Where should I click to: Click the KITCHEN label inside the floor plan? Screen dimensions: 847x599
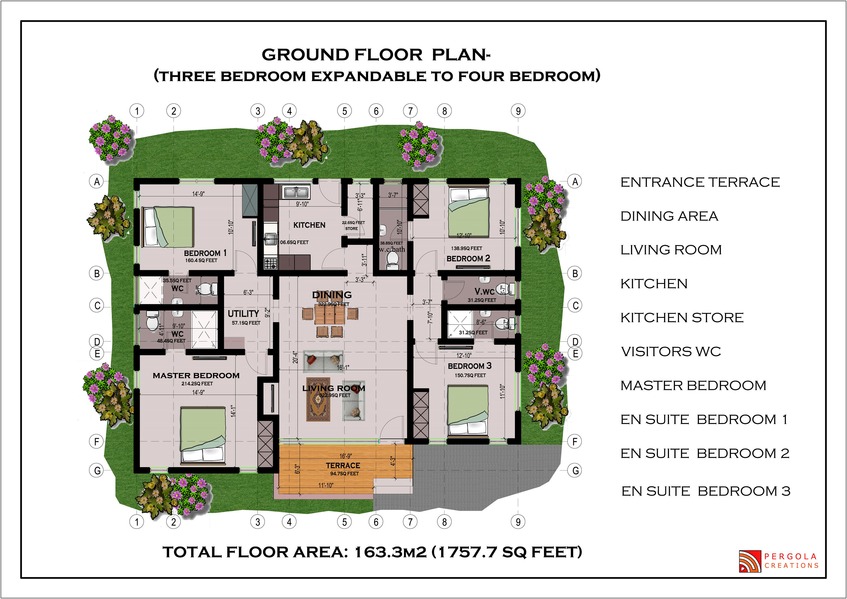[309, 225]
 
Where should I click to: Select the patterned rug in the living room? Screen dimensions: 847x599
[318, 399]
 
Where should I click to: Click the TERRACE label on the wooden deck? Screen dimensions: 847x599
[343, 466]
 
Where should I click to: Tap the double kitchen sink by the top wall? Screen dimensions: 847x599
[296, 192]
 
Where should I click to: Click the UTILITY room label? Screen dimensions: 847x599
[243, 313]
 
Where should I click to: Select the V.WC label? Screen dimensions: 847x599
[484, 292]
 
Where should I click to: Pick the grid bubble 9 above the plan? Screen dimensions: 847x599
[518, 111]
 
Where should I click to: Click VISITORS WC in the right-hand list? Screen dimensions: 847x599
[671, 351]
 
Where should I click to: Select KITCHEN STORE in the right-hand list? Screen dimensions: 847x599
[682, 318]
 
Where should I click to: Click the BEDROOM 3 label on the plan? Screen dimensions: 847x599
[469, 366]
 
